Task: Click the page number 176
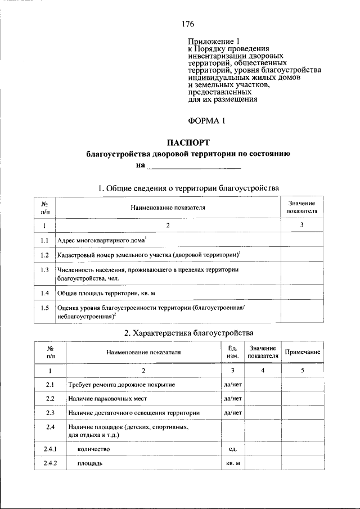tap(188, 24)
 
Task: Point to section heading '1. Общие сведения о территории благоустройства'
tap(188, 188)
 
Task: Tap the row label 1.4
tap(45, 293)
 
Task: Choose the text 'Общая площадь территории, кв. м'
tap(106, 293)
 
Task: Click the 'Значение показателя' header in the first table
tap(301, 207)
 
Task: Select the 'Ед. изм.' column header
tap(232, 352)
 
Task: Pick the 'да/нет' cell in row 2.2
tap(232, 399)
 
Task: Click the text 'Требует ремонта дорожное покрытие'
tap(121, 385)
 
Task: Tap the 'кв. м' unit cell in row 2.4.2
tap(232, 463)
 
